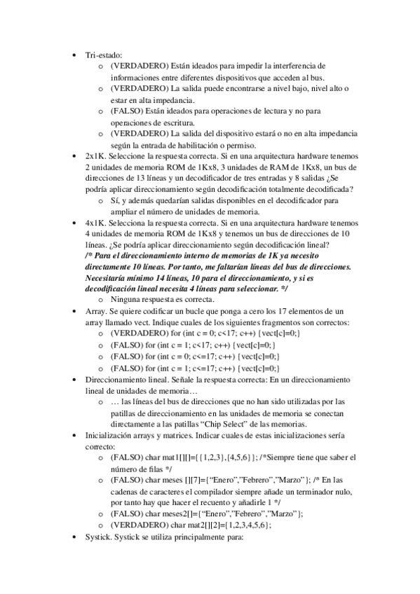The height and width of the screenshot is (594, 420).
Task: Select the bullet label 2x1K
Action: coord(95,156)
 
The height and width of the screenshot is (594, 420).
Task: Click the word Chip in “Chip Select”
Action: coord(211,423)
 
